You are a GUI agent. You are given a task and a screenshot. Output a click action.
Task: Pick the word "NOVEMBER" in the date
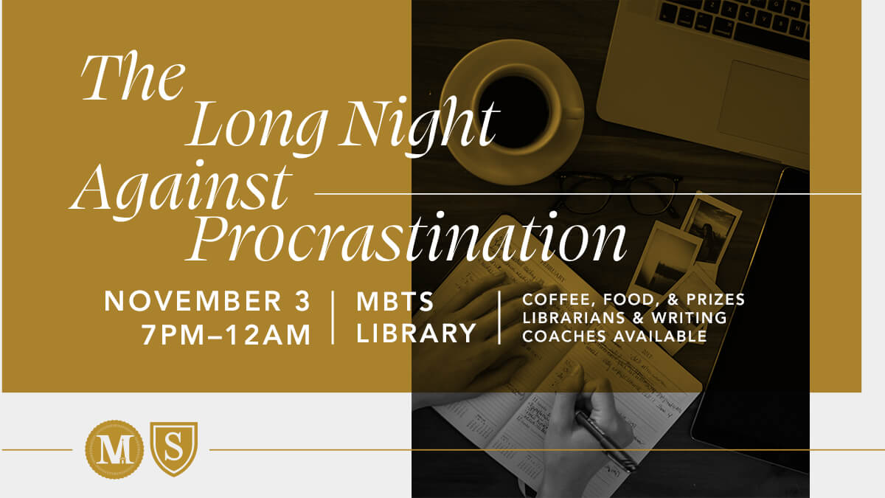pos(193,301)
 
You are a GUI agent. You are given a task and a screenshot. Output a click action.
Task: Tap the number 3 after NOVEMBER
pos(302,301)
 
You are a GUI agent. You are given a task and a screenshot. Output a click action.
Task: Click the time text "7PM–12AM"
pos(226,335)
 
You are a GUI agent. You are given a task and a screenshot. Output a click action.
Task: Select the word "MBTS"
pos(395,301)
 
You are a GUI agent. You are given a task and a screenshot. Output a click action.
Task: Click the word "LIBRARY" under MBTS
pos(417,333)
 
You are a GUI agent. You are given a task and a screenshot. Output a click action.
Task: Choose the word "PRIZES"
pos(715,300)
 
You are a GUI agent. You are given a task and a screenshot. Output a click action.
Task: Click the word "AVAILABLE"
pos(660,336)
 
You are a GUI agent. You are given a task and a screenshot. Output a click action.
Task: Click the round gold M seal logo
pos(114,449)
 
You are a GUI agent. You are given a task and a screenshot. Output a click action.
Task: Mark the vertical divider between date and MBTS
pos(333,317)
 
